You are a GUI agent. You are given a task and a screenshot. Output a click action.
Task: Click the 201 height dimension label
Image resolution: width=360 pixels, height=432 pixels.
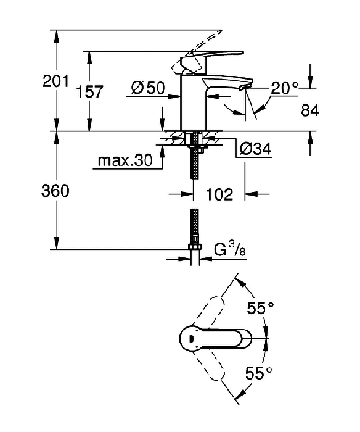click(55, 81)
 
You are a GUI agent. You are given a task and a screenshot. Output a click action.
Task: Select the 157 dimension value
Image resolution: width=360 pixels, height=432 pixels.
click(89, 92)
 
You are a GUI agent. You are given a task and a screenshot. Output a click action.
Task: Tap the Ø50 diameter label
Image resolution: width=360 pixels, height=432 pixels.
click(148, 88)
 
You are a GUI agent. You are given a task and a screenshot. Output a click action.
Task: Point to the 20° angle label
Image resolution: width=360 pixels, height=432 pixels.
click(284, 88)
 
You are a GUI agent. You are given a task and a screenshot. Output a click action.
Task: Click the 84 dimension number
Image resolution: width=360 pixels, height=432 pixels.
click(310, 110)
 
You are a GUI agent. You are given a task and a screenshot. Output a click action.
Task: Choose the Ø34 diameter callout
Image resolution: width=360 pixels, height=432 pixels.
click(255, 149)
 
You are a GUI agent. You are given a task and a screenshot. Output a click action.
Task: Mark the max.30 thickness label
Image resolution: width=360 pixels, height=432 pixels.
click(125, 160)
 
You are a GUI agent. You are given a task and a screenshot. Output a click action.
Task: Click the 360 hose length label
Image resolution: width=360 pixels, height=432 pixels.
click(55, 191)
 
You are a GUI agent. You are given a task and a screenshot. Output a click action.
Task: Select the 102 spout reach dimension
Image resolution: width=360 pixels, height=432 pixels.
click(219, 194)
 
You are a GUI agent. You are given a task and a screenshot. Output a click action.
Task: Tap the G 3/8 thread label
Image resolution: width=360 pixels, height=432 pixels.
click(230, 251)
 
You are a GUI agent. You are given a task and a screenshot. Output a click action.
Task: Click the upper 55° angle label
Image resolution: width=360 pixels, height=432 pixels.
click(260, 308)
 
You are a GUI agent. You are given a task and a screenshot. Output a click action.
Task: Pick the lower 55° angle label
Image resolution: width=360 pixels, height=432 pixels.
click(259, 373)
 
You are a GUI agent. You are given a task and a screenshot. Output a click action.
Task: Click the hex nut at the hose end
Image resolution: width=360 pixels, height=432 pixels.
click(195, 247)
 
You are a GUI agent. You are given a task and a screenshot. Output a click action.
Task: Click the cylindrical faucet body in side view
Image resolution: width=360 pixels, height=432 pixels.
click(194, 102)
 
